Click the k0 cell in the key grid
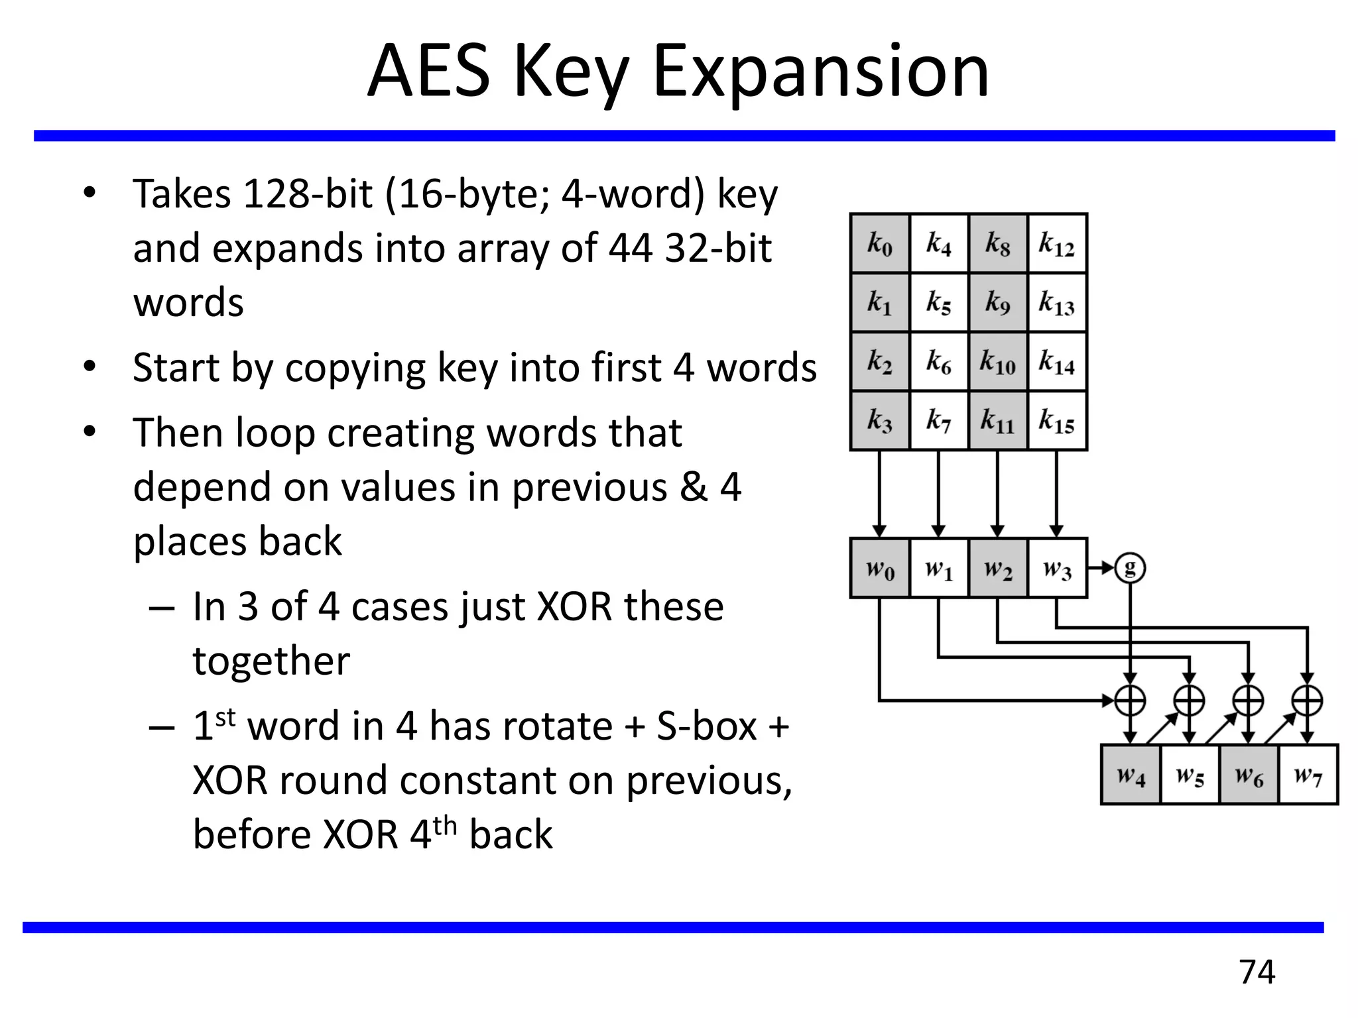point(880,243)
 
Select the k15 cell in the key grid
point(1057,421)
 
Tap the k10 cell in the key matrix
point(998,362)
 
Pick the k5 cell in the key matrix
point(939,302)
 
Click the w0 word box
point(880,569)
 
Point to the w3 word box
point(1057,569)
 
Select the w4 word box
point(1131,775)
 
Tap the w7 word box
point(1308,775)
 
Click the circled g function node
point(1131,568)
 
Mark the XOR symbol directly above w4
point(1131,700)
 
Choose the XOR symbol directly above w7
point(1308,700)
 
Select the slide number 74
point(1257,972)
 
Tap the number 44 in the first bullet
point(631,249)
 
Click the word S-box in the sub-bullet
point(706,726)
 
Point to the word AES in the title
point(429,72)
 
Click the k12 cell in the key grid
point(1057,243)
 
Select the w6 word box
point(1249,775)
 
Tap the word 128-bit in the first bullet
point(308,194)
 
